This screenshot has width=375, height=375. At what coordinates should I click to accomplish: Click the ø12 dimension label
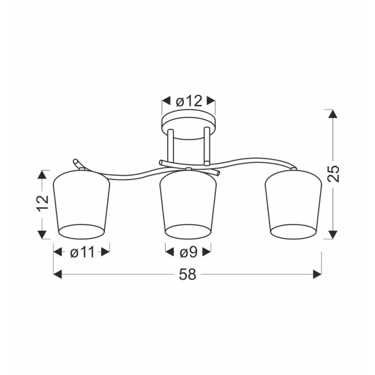click(x=189, y=101)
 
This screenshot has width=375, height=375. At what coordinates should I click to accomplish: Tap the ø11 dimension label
click(x=82, y=252)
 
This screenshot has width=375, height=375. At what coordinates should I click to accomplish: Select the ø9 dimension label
click(x=188, y=252)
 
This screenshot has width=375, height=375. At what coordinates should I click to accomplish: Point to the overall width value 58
click(x=187, y=274)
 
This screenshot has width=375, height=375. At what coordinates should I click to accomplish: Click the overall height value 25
click(x=333, y=174)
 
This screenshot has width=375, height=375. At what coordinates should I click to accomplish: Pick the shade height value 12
click(x=42, y=204)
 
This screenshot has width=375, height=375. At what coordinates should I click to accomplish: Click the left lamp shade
click(x=81, y=205)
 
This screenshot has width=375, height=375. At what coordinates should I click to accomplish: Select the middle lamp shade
click(x=188, y=205)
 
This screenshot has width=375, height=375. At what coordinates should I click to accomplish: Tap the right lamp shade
click(x=293, y=205)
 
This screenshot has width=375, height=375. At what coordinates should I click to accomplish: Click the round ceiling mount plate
click(x=189, y=124)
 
